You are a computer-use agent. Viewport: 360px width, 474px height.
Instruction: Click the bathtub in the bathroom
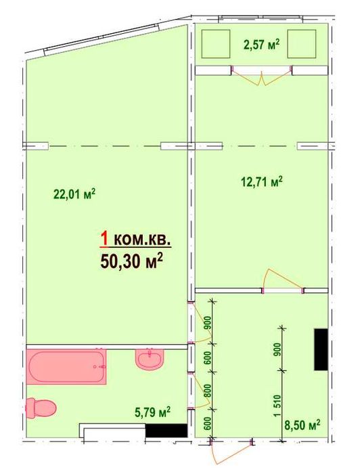tap(66, 367)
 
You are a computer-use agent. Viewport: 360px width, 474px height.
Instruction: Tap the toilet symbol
tap(41, 408)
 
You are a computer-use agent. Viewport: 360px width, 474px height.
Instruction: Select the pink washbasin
tap(150, 359)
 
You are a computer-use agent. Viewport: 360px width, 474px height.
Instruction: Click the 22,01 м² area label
tap(74, 194)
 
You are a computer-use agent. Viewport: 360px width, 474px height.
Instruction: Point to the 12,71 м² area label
tap(262, 182)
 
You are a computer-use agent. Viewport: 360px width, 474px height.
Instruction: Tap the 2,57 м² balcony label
tap(261, 45)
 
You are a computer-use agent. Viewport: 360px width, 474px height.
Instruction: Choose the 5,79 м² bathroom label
tap(152, 412)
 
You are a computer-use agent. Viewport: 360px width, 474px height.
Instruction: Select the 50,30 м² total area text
tap(132, 261)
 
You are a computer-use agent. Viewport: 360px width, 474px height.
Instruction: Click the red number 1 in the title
tap(104, 240)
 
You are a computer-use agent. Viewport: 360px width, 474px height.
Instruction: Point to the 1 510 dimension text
tap(277, 406)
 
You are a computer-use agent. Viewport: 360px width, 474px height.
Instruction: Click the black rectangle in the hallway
tap(321, 349)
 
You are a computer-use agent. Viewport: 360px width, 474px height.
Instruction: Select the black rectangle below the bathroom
tap(166, 430)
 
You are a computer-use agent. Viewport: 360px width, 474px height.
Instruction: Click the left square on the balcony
tap(216, 44)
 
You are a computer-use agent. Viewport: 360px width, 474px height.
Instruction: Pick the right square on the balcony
tap(301, 44)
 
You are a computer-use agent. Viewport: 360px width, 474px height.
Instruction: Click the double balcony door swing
tap(262, 78)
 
